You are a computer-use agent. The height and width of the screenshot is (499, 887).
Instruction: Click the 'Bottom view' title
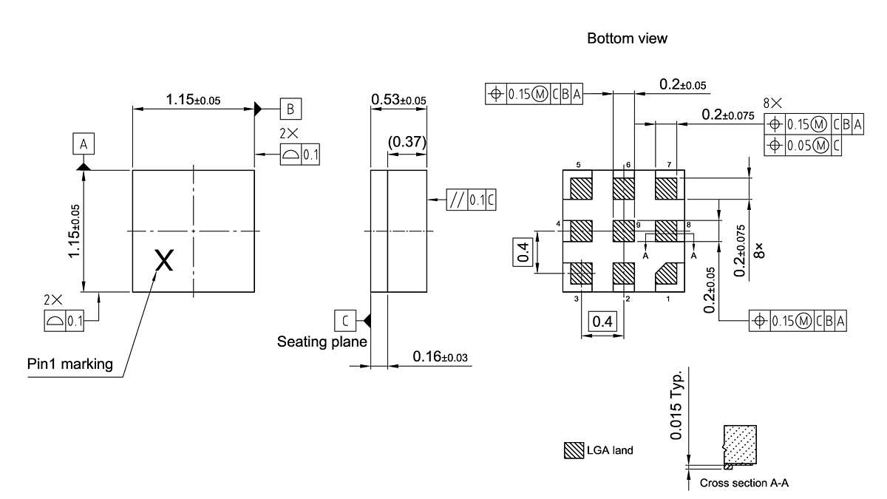627,38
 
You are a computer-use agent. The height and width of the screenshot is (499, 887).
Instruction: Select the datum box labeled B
290,109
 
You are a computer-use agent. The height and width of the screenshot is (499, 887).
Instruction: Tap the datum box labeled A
84,144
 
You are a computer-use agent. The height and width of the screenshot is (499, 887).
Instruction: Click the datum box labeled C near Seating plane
345,320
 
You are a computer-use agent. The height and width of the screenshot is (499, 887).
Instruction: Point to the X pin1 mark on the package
164,259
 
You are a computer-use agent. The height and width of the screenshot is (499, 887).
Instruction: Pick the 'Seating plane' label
322,342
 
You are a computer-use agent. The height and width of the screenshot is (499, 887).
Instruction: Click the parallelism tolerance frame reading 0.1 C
471,200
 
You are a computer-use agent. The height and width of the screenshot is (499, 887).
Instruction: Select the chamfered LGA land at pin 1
667,274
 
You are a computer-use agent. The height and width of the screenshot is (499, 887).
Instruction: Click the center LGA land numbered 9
624,231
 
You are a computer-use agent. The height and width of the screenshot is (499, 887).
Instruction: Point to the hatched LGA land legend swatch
574,449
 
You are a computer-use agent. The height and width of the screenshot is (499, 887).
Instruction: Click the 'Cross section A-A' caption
744,483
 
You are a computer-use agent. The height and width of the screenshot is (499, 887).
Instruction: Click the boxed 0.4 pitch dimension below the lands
602,322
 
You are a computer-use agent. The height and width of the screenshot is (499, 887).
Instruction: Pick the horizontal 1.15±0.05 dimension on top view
194,99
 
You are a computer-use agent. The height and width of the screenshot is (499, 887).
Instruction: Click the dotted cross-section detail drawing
741,445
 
